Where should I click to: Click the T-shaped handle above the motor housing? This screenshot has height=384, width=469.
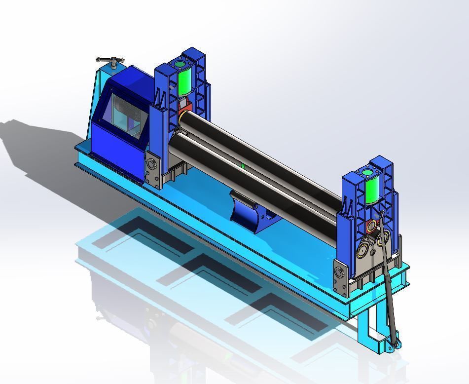point(110,61)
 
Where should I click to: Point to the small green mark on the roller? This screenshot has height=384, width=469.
point(243,166)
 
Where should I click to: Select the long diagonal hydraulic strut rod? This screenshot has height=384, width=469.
point(387,276)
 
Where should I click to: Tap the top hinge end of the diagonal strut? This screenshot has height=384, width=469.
point(381,213)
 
